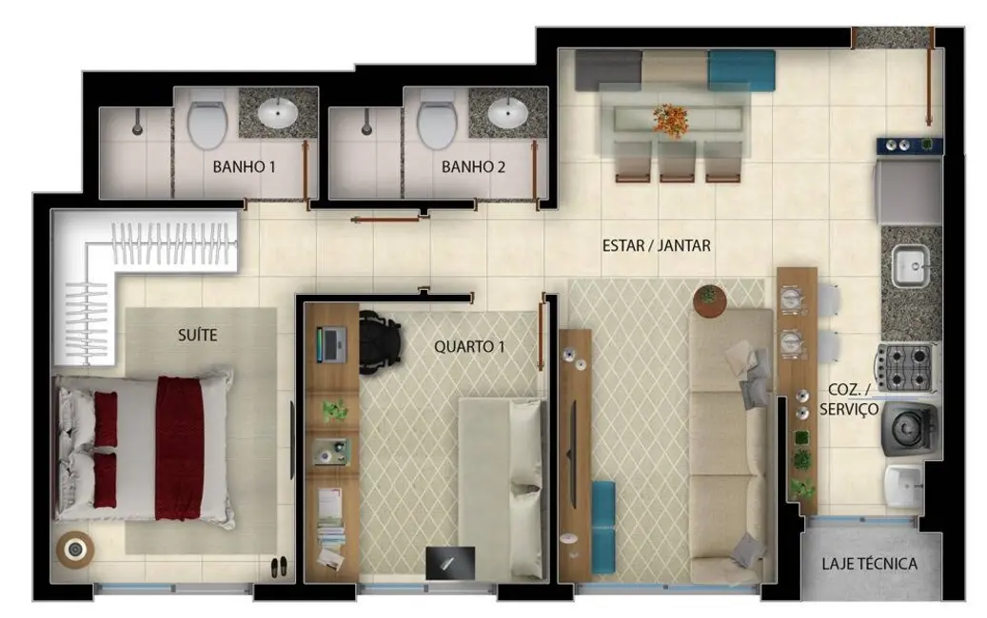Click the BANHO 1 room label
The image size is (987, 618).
pyautogui.click(x=244, y=167)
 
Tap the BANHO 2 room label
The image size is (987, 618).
pyautogui.click(x=472, y=167)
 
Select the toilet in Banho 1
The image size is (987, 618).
pyautogui.click(x=207, y=125)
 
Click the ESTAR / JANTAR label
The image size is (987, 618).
pyautogui.click(x=657, y=245)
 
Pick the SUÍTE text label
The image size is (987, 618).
pyautogui.click(x=197, y=335)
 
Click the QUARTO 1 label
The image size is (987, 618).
pyautogui.click(x=469, y=347)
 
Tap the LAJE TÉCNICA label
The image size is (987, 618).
pyautogui.click(x=869, y=564)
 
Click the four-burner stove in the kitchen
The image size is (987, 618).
pyautogui.click(x=906, y=367)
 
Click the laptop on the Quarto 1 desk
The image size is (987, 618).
pyautogui.click(x=331, y=343)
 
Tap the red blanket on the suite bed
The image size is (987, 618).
pyautogui.click(x=180, y=448)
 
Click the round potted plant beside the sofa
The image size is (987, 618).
pyautogui.click(x=708, y=299)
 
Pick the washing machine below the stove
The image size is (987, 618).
pyautogui.click(x=908, y=429)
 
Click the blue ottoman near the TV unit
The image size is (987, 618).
pyautogui.click(x=603, y=527)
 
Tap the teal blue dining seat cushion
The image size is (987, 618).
pyautogui.click(x=740, y=69)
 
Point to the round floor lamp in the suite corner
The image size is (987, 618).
pyautogui.click(x=74, y=550)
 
